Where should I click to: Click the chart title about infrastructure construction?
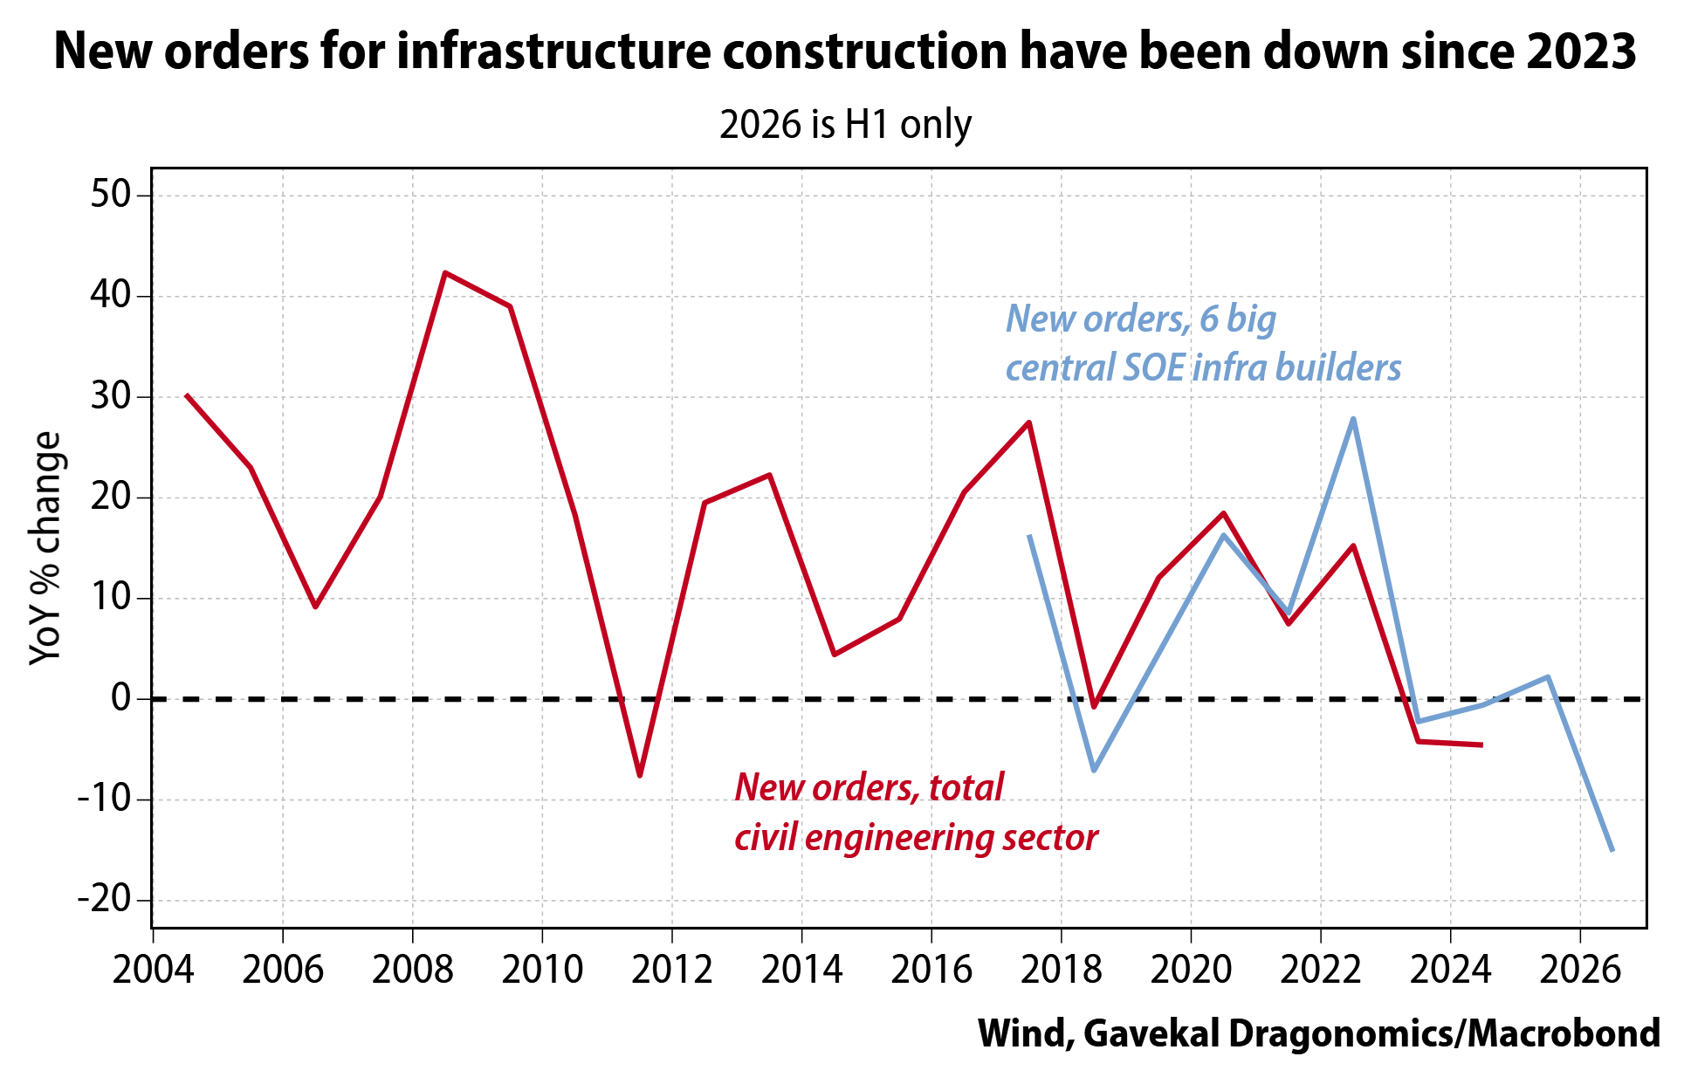click(x=845, y=51)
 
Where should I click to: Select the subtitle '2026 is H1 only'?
click(x=845, y=125)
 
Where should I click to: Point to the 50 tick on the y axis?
click(x=111, y=194)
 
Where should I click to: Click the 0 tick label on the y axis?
click(x=120, y=697)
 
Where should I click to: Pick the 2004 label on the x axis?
click(x=154, y=970)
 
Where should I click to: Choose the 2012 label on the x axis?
click(x=672, y=970)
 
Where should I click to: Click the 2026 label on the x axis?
click(x=1580, y=970)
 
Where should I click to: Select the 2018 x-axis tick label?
click(x=1061, y=970)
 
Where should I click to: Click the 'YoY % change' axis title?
click(x=45, y=548)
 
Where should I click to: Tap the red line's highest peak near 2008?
click(x=444, y=272)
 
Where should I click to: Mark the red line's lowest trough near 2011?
click(x=640, y=775)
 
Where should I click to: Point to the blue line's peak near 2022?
click(x=1353, y=419)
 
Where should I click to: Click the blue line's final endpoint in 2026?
click(x=1612, y=850)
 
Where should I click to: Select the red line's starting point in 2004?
click(x=186, y=395)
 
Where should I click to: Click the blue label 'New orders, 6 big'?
click(x=1141, y=319)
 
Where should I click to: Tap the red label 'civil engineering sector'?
click(x=916, y=838)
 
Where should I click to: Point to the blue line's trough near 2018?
click(x=1094, y=770)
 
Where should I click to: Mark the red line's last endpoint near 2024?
click(x=1481, y=744)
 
